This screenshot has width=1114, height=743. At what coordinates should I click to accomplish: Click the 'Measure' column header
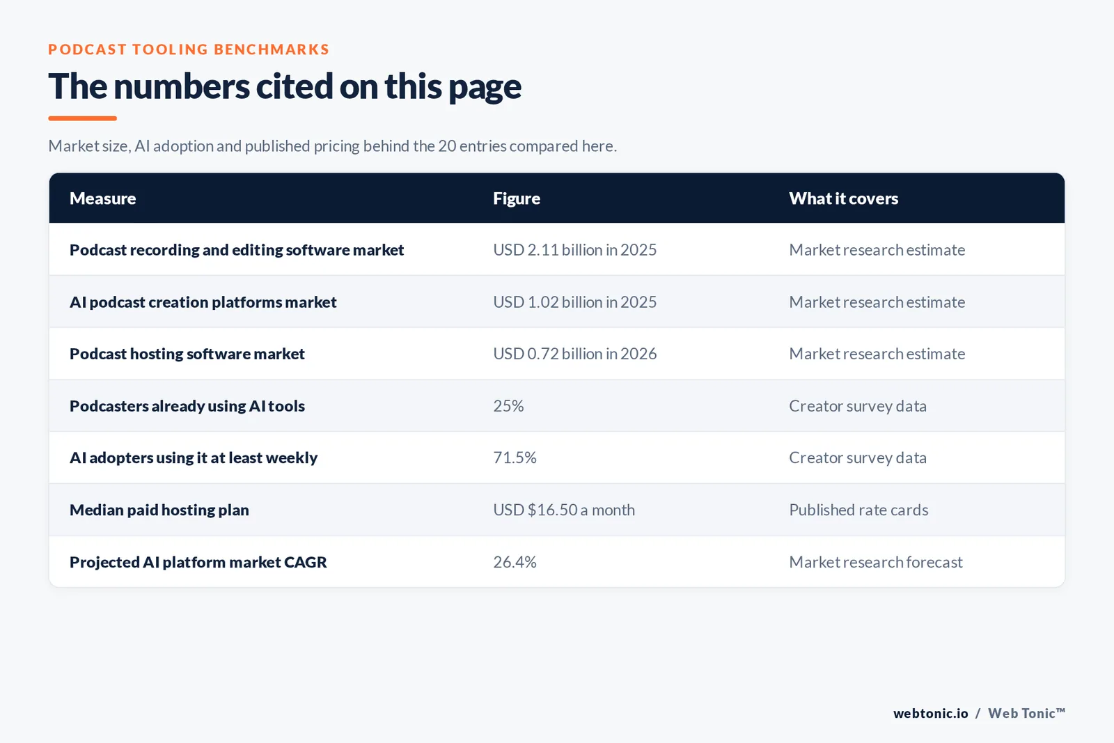click(x=102, y=198)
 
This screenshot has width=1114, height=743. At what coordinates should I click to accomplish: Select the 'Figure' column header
click(x=516, y=198)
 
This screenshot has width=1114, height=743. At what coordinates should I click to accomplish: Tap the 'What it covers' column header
click(x=843, y=198)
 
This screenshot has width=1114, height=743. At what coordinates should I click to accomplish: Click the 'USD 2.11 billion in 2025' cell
click(x=574, y=250)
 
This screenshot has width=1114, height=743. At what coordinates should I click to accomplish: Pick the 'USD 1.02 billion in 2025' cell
click(x=574, y=302)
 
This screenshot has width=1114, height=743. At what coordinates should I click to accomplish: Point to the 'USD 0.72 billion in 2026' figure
click(x=574, y=354)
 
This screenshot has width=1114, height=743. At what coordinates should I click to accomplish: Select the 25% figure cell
click(x=508, y=406)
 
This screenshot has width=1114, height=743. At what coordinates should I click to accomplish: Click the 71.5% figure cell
click(x=515, y=457)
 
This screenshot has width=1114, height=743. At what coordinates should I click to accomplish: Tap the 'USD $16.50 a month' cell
click(x=564, y=510)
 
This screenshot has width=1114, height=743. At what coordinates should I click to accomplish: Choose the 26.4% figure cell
click(x=515, y=562)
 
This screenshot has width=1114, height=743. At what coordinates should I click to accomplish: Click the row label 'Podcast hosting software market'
click(x=187, y=354)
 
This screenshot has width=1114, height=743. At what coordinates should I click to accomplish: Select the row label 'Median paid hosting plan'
click(x=159, y=510)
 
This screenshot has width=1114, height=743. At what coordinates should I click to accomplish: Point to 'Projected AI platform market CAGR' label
click(x=198, y=562)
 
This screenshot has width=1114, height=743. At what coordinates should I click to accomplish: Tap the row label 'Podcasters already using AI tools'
click(x=187, y=406)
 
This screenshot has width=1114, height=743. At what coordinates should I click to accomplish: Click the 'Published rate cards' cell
click(x=858, y=510)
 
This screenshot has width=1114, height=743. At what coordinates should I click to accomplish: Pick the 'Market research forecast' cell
click(x=876, y=562)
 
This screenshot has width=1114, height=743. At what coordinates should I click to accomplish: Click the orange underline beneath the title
click(x=83, y=118)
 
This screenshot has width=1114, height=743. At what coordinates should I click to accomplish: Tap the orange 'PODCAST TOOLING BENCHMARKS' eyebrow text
click(x=189, y=49)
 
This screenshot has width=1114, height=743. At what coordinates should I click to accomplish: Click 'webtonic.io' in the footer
click(x=930, y=713)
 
